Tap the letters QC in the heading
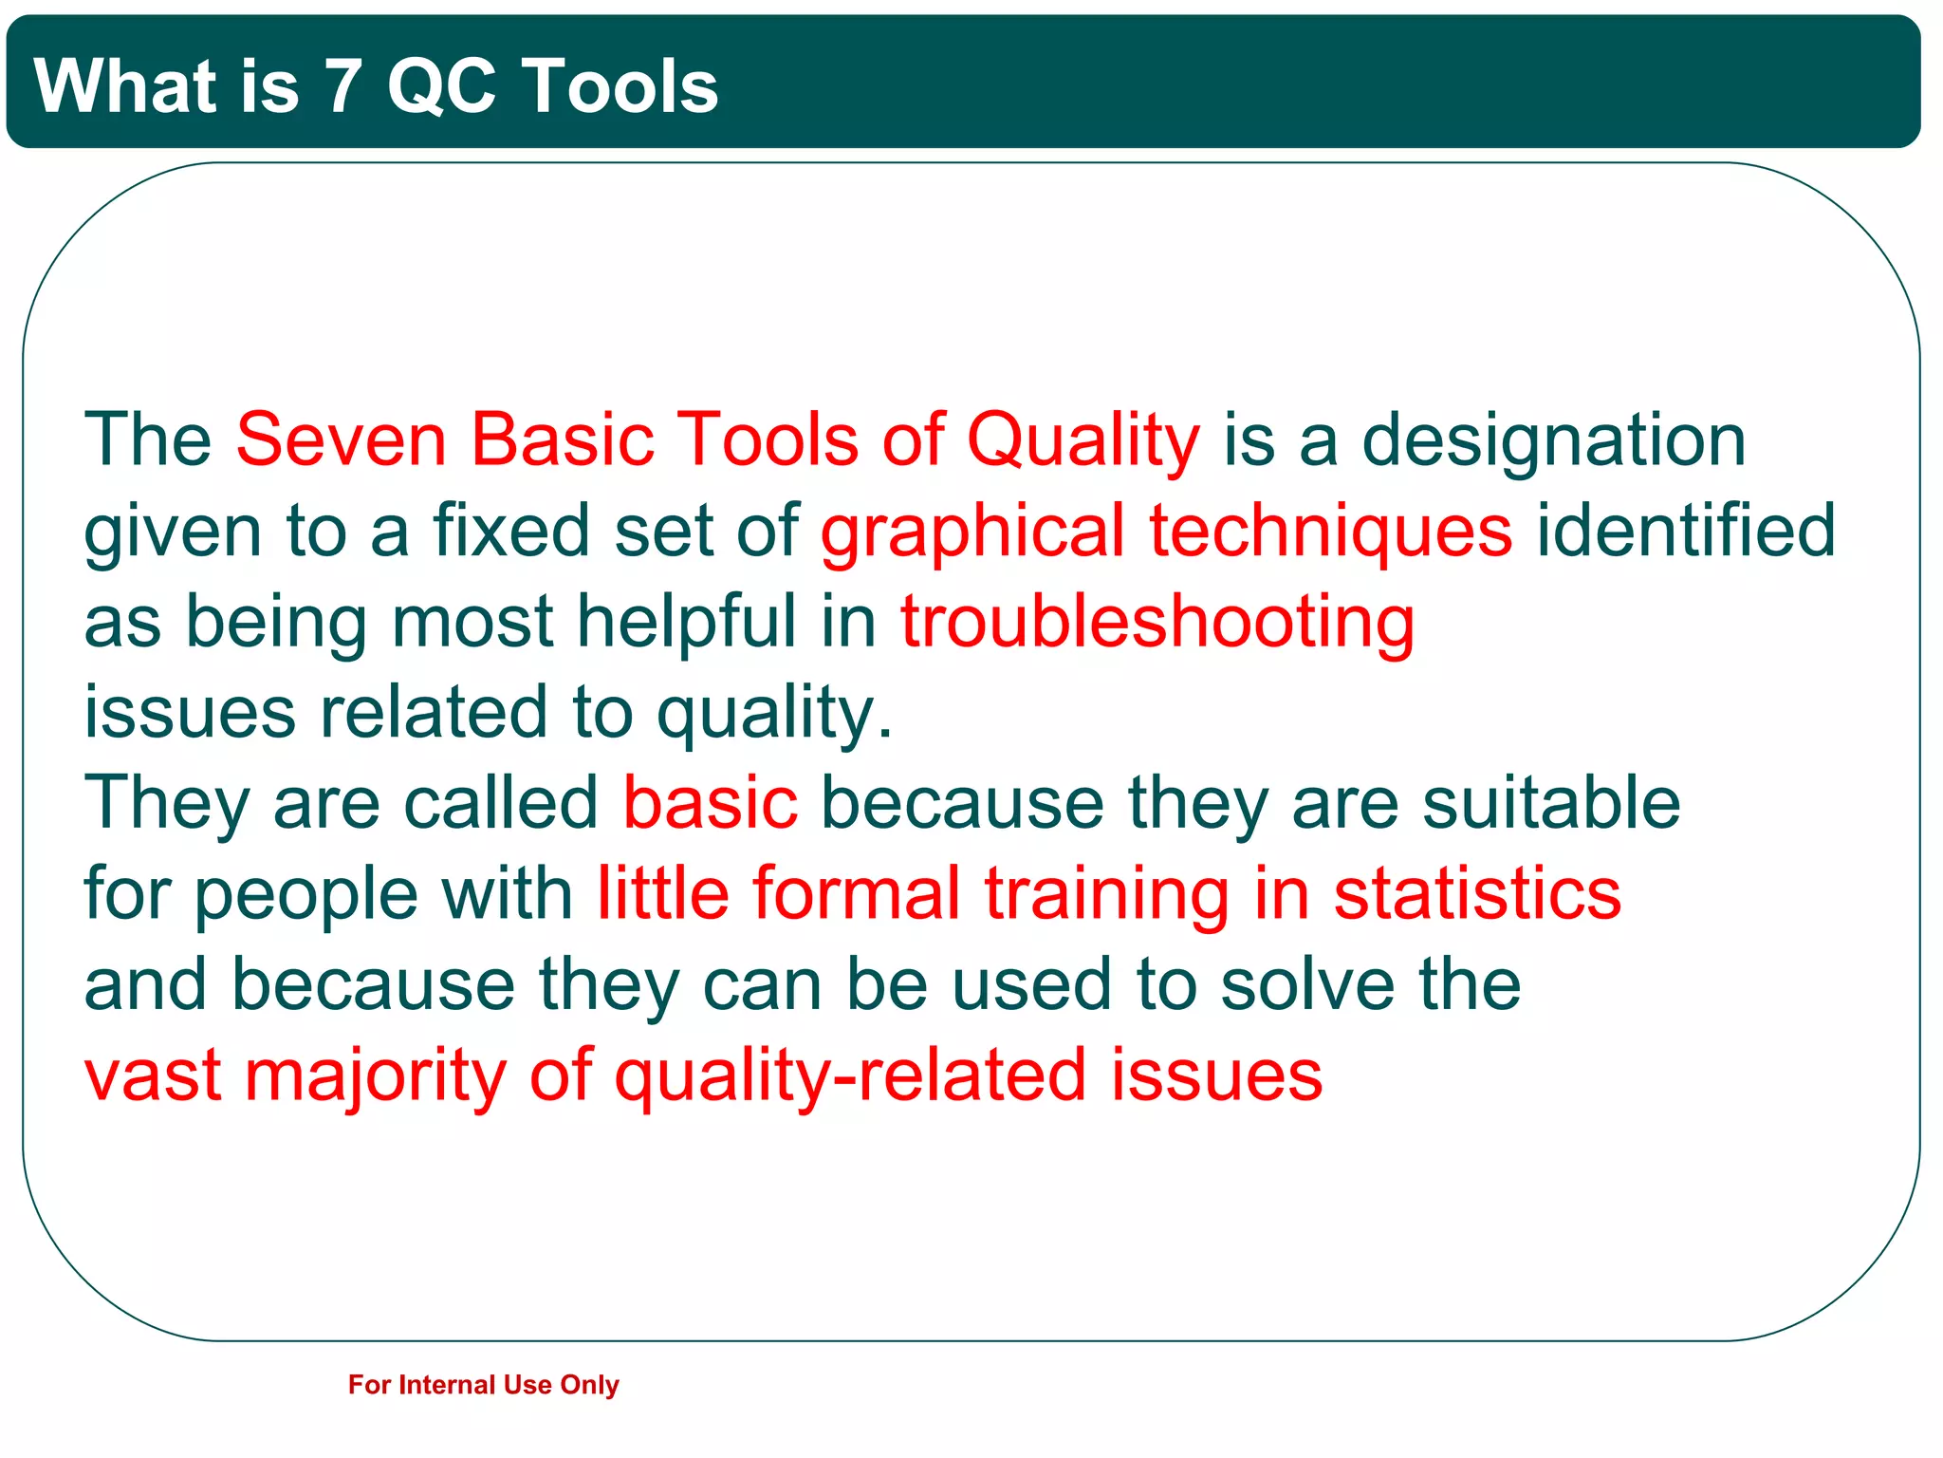441,86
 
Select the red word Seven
341,439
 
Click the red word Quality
1083,441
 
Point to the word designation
1553,441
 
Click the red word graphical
972,532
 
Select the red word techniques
1330,532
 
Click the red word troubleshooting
1157,623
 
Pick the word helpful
687,623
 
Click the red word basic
710,803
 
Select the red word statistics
1477,893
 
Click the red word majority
376,1076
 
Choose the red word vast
153,1076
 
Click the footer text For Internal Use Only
483,1385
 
